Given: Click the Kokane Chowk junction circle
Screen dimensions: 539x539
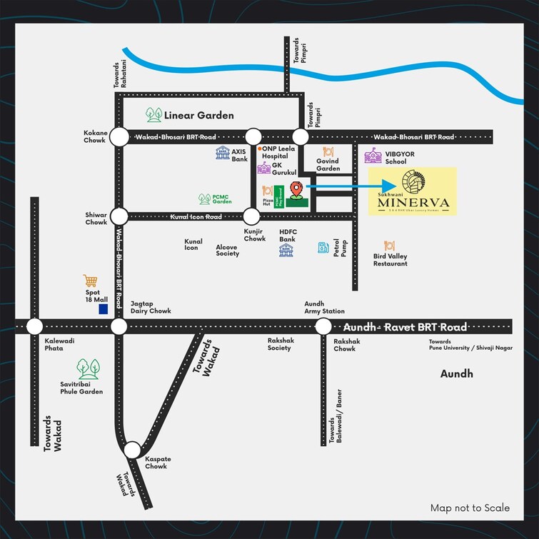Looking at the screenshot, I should [x=119, y=136].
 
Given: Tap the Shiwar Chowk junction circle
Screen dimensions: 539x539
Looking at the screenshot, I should [x=119, y=216].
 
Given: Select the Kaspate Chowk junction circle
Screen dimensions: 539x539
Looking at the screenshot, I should [x=132, y=450].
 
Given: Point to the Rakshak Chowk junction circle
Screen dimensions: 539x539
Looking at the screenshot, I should [x=323, y=327].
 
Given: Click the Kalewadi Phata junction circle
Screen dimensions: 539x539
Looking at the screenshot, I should [x=34, y=327].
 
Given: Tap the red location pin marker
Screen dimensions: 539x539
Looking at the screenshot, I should [x=296, y=190].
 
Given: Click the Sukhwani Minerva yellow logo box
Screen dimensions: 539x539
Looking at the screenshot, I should [x=412, y=191].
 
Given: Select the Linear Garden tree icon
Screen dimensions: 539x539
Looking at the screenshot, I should [x=153, y=114].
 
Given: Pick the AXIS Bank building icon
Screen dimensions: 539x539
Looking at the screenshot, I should [x=223, y=153].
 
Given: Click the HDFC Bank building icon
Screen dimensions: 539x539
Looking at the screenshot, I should [x=286, y=251].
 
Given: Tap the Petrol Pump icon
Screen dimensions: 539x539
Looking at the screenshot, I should [x=323, y=248].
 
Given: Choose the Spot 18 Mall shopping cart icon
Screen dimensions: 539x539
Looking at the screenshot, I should [x=90, y=281].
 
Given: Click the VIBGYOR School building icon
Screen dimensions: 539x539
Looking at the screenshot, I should [x=373, y=156].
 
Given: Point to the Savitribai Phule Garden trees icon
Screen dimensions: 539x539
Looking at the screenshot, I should [x=88, y=368].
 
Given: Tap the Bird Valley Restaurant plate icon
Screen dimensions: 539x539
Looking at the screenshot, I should [x=390, y=246].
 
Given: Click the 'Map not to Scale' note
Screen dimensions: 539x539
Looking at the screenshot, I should [x=470, y=508].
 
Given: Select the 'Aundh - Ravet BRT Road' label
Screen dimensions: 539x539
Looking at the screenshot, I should [x=405, y=327].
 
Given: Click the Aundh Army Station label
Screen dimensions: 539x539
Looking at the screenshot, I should [x=324, y=307].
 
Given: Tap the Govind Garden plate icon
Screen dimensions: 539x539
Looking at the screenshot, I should [x=328, y=152].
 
